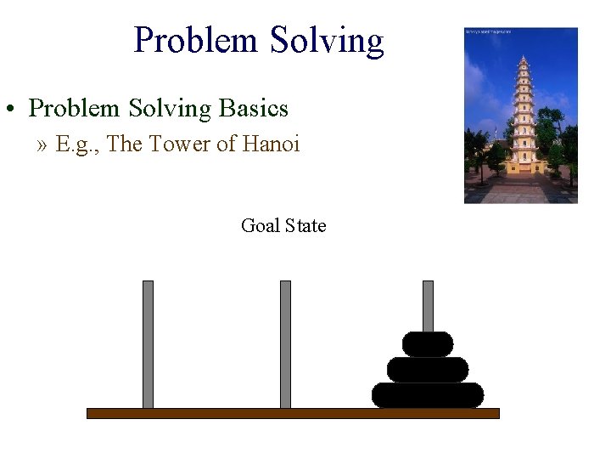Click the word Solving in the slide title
point(327,40)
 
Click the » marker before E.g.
point(42,145)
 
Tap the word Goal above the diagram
point(260,225)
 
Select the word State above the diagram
point(305,225)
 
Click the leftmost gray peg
point(148,344)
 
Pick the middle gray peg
point(285,344)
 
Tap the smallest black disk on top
point(428,344)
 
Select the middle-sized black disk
point(428,370)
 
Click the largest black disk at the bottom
point(428,395)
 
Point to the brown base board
point(293,413)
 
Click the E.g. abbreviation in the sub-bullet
point(80,145)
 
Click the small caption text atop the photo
point(489,31)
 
